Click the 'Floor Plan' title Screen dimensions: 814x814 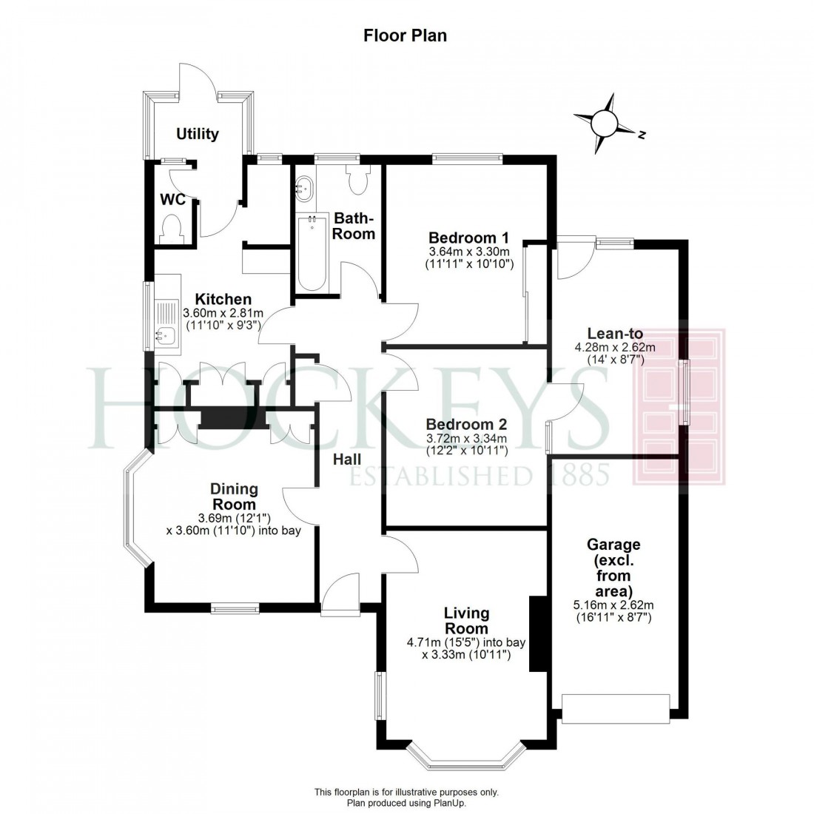coord(405,35)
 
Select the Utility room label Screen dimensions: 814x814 coord(198,134)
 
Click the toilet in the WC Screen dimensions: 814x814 coord(172,226)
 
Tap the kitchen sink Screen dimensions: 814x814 coord(164,337)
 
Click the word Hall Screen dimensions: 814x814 coord(347,460)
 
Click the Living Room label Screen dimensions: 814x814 coord(466,621)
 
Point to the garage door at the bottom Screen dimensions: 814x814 coord(616,708)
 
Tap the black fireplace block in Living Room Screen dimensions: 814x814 coord(535,633)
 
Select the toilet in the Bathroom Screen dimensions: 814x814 coord(359,182)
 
